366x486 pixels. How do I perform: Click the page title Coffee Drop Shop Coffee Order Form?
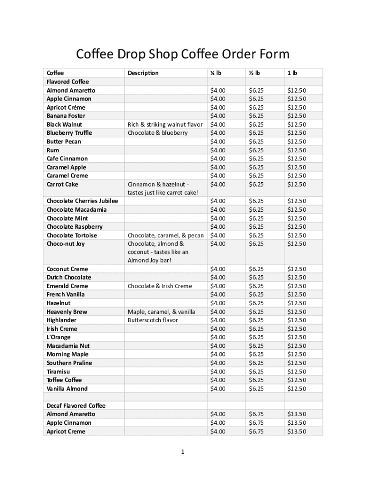[x=183, y=55]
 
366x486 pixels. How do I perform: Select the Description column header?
[x=143, y=73]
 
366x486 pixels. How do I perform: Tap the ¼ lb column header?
[x=216, y=73]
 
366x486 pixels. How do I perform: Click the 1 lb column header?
[x=291, y=73]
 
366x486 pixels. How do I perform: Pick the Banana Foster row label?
[x=66, y=116]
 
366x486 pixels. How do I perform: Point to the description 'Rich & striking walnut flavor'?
[x=165, y=124]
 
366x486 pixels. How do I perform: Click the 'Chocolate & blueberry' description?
[x=158, y=133]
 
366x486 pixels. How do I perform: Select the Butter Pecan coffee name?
[x=64, y=141]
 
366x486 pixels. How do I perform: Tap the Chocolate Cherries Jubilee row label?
[x=82, y=201]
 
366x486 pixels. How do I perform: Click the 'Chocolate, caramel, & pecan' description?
[x=165, y=235]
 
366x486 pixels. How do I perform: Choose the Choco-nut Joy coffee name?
[x=66, y=244]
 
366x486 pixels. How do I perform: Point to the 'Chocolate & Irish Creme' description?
[x=160, y=286]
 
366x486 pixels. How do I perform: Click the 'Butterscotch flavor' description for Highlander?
[x=153, y=320]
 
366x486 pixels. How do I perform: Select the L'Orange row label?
[x=58, y=337]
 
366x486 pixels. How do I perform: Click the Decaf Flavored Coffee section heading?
[x=76, y=406]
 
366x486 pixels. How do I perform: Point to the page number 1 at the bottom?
[x=183, y=452]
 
